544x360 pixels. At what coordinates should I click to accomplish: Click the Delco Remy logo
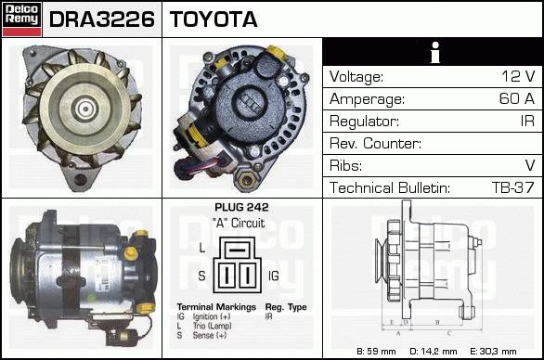[x=21, y=19]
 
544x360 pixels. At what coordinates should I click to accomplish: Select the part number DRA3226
[x=102, y=19]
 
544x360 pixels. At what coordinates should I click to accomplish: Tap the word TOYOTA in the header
[x=214, y=19]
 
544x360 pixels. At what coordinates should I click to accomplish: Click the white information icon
[x=435, y=52]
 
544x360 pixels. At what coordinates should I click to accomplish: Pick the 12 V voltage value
[x=518, y=76]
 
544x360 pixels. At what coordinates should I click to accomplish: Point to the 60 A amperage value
[x=516, y=98]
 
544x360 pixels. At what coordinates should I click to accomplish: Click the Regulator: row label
[x=364, y=122]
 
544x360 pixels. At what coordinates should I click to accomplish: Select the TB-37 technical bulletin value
[x=512, y=187]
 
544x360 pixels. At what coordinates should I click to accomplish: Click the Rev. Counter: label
[x=375, y=143]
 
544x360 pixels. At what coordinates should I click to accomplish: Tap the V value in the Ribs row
[x=530, y=165]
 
